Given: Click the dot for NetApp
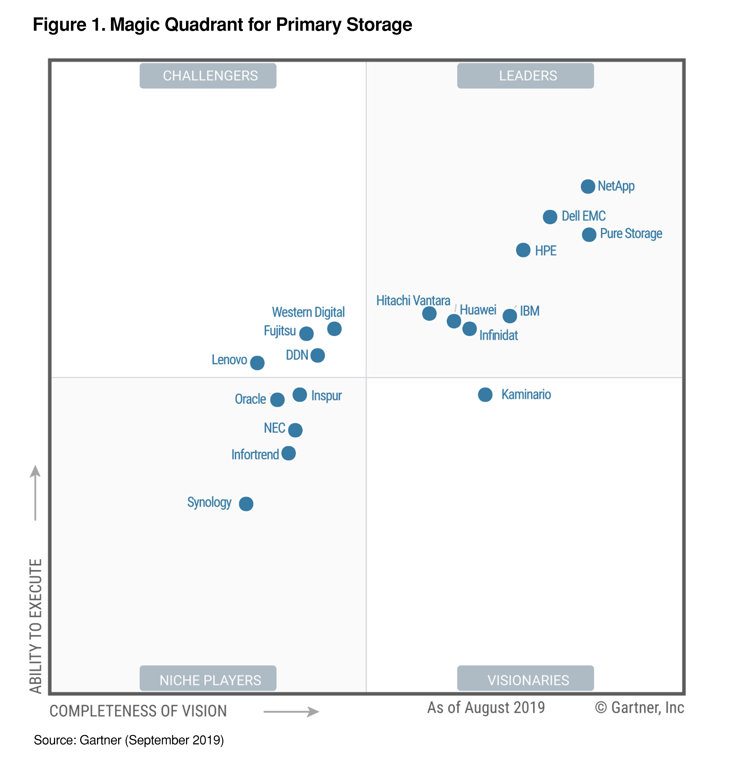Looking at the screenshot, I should (x=588, y=186).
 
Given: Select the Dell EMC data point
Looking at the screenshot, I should (x=550, y=217).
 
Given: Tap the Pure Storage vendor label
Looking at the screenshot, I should (x=631, y=233).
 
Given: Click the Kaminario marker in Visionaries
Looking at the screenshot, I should (x=485, y=394).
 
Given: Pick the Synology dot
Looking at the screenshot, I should (x=246, y=503).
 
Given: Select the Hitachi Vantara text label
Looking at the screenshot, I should (x=413, y=301).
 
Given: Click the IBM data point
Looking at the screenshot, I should (x=510, y=316).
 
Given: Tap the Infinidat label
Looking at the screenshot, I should (x=498, y=335).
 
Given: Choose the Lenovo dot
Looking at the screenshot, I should (x=257, y=363).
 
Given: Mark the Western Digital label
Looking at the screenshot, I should (x=308, y=312).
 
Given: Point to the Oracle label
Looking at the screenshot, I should (x=250, y=399).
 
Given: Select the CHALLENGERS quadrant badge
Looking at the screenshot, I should (x=208, y=76).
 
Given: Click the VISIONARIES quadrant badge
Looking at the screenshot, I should (x=525, y=680).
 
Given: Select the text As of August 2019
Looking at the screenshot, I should (x=486, y=708).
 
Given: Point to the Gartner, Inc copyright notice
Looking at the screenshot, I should (x=639, y=708).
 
